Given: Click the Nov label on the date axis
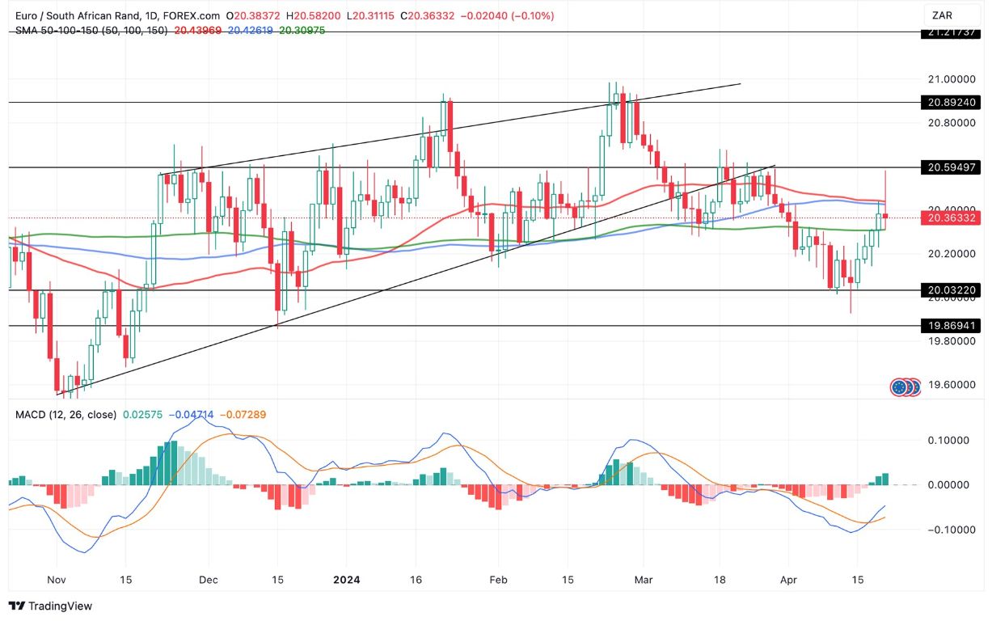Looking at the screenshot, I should tap(57, 580).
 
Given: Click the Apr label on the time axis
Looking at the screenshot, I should tap(789, 580).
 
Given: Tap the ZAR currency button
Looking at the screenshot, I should tap(942, 15).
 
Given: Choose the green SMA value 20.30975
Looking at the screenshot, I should tap(303, 30).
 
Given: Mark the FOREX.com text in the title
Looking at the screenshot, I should tap(196, 15).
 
